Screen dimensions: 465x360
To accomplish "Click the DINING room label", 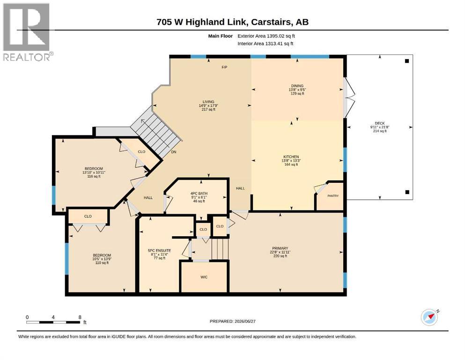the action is coord(297,86).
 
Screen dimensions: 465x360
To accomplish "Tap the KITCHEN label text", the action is coord(291,157).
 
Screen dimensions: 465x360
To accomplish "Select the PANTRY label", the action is coord(333,196).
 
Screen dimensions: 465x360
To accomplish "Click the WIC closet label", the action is coord(204,277).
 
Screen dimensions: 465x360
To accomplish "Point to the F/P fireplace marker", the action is coord(224,67).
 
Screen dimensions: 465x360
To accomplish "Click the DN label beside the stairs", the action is coord(173,152).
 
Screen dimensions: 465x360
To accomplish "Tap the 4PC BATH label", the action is coord(199,194).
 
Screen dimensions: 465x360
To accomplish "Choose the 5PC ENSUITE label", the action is coord(159,250).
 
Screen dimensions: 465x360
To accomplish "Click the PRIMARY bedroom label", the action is coord(280,248).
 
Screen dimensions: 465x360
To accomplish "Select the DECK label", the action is coord(380,123).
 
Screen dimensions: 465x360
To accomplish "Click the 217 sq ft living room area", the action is coord(208,110).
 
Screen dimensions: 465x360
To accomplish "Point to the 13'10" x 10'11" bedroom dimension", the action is coord(94,172).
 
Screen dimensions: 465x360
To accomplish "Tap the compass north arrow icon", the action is coord(429,317).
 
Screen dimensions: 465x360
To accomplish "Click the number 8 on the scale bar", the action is coord(80,317).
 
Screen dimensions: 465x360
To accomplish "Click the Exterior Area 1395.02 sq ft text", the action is coord(266,36).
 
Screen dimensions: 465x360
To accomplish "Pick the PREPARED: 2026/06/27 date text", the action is coord(232,321).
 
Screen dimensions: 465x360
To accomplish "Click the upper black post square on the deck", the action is coord(407,61).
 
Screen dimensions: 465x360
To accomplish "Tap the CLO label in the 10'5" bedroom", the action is coord(88,217).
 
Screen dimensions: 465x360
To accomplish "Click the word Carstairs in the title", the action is coord(271,22).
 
